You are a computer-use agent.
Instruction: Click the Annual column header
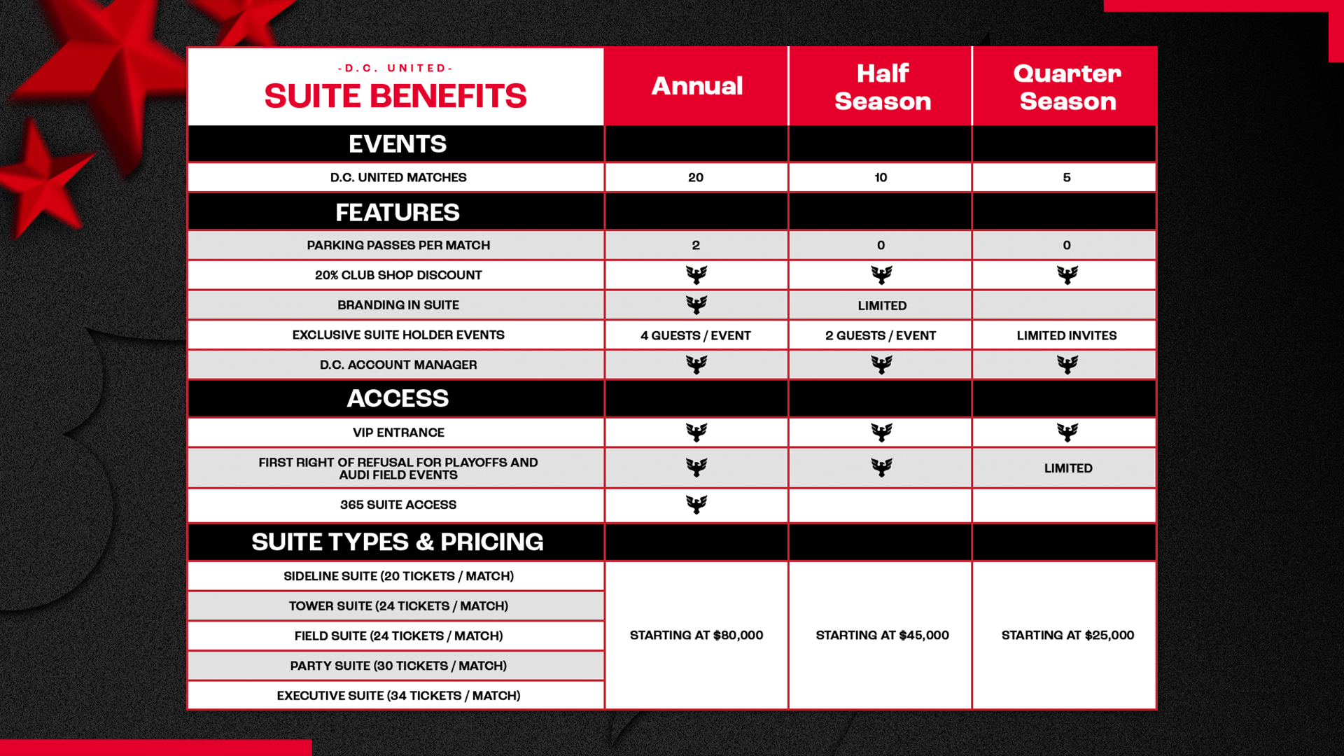pos(696,86)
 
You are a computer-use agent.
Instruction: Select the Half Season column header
pos(882,87)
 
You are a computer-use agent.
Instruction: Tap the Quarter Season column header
pos(1067,87)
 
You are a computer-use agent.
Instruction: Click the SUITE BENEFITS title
pos(395,96)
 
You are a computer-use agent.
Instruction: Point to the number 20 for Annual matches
pos(696,178)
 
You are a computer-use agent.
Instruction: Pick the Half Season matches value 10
pos(881,178)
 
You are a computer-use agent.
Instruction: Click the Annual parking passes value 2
pos(696,246)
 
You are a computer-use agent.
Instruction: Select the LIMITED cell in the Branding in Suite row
pos(882,306)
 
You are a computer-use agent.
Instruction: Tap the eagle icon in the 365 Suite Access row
pos(696,505)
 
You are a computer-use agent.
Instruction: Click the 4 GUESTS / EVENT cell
pos(696,336)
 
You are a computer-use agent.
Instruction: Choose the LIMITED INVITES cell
pos(1067,336)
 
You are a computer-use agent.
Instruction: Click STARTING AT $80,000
pos(696,636)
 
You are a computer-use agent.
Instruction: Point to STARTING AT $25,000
pos(1067,636)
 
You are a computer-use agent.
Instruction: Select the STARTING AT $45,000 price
pos(882,636)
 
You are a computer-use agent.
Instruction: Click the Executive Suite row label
pos(398,696)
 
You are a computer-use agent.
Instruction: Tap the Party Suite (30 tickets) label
pos(398,666)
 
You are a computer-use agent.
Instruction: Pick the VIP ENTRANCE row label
pos(398,433)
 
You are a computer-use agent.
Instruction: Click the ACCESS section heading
pos(398,398)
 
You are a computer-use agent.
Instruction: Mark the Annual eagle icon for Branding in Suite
pos(696,305)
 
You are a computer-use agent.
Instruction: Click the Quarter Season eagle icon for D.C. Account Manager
pos(1067,365)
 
